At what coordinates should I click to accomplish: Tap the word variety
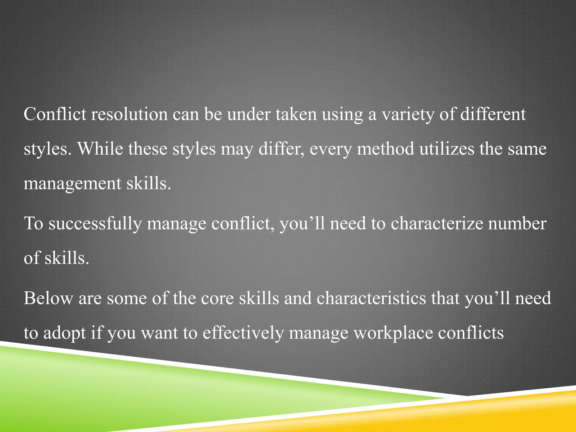[408, 115]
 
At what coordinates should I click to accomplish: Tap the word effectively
[243, 333]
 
